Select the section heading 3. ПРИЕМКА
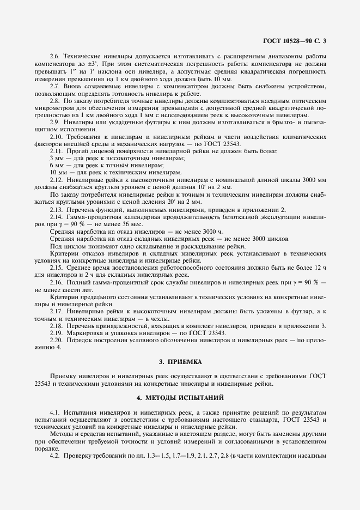pos(180,361)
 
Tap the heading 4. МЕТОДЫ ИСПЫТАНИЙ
pos(180,398)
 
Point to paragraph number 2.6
pos(55,57)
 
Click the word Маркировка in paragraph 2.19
pos(86,332)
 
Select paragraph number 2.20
pos(57,339)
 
